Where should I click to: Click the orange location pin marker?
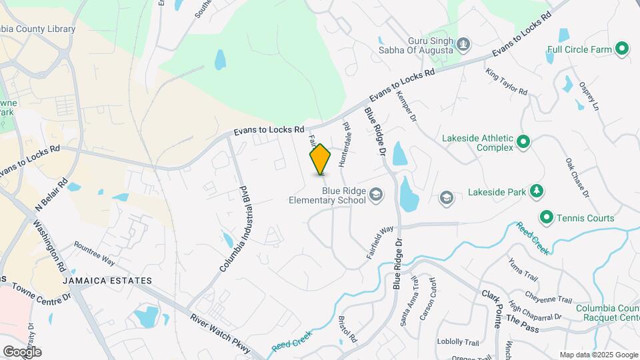[x=320, y=159]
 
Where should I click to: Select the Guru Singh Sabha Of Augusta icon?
[x=463, y=45]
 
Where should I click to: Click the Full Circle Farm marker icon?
[x=621, y=49]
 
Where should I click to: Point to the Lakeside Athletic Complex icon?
[x=523, y=141]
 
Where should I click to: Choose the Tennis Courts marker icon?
[x=546, y=217]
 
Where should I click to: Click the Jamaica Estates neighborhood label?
[x=108, y=281]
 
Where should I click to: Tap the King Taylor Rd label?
[x=506, y=81]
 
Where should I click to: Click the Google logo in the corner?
[x=22, y=351]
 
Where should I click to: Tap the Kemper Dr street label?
[x=406, y=107]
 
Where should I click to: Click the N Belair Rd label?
[x=52, y=193]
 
